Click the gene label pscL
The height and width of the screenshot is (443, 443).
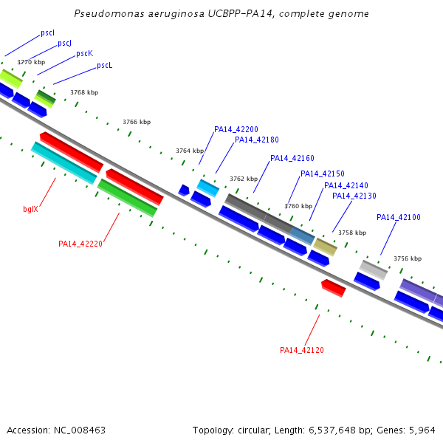105,66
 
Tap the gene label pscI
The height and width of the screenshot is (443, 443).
47,33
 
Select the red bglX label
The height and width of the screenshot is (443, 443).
30,209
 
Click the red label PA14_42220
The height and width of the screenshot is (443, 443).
80,244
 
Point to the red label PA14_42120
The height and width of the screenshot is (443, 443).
302,350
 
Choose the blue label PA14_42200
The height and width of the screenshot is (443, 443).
236,129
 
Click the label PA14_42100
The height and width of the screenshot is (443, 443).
399,217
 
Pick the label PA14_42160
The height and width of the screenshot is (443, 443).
292,158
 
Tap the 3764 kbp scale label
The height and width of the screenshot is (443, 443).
190,151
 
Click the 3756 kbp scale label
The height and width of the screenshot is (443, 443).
408,258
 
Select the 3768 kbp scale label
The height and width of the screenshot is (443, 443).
84,92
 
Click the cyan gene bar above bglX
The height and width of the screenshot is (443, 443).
63,163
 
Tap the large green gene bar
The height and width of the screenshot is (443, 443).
127,198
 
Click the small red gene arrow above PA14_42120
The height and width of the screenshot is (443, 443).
334,288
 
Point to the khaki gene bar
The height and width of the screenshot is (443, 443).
325,247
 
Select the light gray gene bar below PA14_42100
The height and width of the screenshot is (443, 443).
374,270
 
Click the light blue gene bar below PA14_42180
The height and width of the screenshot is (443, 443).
208,188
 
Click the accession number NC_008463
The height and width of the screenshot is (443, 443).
80,430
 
